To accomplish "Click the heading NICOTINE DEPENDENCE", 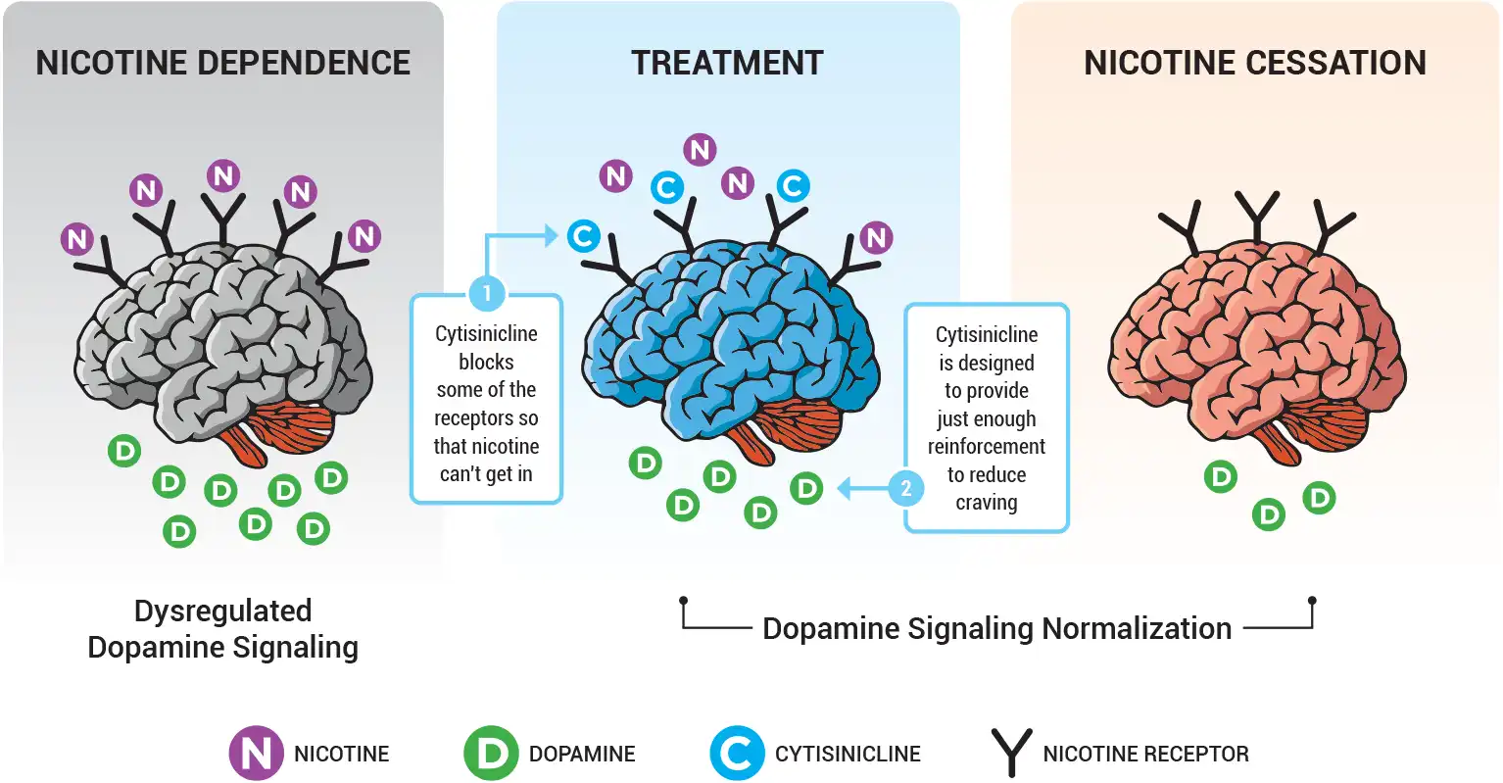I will pos(222,63).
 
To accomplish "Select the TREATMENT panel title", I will pos(727,63).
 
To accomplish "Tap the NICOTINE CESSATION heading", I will pos(1254,63).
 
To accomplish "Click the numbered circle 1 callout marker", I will pos(487,293).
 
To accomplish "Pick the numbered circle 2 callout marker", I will pos(906,487).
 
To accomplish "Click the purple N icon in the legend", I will pos(256,753).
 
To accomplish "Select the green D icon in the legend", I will pos(490,753).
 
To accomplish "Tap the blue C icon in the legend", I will pos(737,753).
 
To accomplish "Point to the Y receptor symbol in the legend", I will pos(1011,753).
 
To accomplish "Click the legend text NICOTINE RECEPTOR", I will pos(1145,754).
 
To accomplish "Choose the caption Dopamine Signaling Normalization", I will pos(996,628).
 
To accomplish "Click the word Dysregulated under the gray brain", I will pos(222,611).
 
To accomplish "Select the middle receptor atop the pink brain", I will pos(1256,216).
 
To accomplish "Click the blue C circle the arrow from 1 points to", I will pos(583,236).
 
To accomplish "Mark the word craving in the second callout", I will pos(986,503).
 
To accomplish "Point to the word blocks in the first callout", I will pos(486,362).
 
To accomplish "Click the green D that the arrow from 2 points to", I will pos(806,487).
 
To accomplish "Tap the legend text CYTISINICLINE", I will pos(848,754).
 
